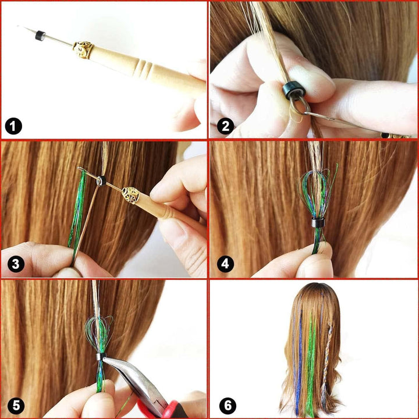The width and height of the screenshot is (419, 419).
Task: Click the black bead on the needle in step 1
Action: [x=40, y=35]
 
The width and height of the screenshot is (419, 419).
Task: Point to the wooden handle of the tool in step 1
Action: [x=151, y=73]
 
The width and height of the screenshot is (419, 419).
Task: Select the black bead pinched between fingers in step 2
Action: [x=291, y=90]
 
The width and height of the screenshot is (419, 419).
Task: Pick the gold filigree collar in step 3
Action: [x=130, y=195]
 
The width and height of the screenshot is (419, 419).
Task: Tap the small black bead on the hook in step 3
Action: [x=101, y=180]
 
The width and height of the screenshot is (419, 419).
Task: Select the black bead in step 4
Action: [x=317, y=222]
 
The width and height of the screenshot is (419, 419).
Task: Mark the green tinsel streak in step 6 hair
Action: [x=311, y=361]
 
